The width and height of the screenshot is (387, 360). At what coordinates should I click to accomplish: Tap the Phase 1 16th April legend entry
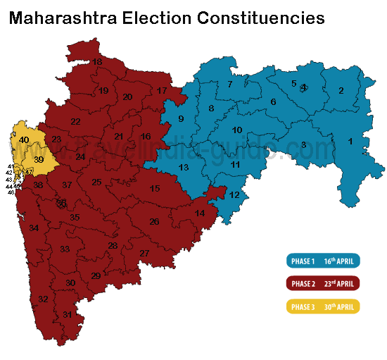[323, 261]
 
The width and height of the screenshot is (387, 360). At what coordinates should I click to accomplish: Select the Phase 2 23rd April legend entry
[323, 284]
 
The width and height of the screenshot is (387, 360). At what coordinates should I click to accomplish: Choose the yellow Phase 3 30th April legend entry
[323, 306]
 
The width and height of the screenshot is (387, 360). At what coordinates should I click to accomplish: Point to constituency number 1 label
[350, 142]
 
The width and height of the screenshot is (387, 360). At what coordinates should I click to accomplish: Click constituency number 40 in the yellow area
[24, 141]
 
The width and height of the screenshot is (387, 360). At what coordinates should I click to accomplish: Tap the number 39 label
[39, 160]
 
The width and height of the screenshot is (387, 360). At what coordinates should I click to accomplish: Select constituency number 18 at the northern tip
[97, 62]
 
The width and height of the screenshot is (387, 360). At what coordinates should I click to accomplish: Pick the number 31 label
[67, 314]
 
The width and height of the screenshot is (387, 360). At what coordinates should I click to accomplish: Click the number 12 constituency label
[234, 195]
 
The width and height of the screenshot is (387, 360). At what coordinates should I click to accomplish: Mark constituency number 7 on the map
[229, 85]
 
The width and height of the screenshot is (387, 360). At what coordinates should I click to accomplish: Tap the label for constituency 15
[155, 188]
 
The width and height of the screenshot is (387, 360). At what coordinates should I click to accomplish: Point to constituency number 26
[154, 222]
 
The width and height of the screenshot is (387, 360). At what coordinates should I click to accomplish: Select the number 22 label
[75, 122]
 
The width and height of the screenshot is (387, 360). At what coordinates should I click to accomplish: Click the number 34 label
[34, 228]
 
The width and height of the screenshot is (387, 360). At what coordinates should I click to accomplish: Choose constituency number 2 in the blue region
[341, 90]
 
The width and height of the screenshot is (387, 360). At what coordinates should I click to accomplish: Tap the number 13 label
[184, 168]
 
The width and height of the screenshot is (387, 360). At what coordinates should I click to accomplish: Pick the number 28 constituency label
[113, 246]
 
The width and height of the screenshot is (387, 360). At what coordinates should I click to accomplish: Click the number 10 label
[237, 130]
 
